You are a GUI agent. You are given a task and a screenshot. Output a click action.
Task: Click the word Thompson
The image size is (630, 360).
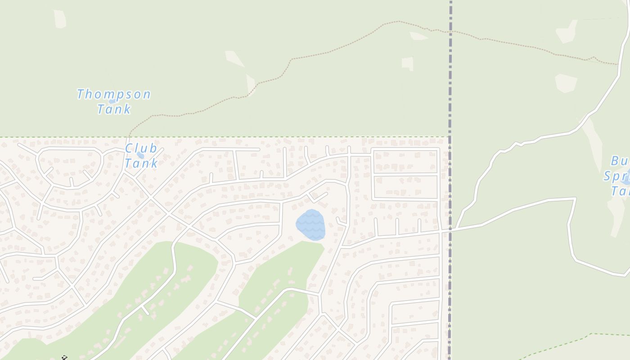[x=113, y=94]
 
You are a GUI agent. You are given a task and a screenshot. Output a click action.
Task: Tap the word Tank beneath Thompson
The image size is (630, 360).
[x=114, y=109]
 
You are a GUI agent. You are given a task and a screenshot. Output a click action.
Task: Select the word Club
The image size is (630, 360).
[x=141, y=148]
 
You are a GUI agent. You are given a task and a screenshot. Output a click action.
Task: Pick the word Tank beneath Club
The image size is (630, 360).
[x=141, y=163]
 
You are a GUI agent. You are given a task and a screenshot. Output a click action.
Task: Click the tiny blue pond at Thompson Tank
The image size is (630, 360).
[x=112, y=102]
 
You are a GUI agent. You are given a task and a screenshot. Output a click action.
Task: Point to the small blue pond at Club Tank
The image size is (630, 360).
[x=140, y=156]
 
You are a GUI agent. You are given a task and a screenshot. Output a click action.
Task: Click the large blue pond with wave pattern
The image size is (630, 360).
[x=310, y=225]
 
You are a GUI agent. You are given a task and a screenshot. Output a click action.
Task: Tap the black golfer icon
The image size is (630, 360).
[x=64, y=358]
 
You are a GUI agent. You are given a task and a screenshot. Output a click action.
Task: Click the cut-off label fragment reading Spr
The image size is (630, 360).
[x=616, y=176]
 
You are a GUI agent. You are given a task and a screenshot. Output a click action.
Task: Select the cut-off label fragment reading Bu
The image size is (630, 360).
[x=619, y=161]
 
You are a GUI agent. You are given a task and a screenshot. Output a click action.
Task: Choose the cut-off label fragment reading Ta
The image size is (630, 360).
[x=620, y=191]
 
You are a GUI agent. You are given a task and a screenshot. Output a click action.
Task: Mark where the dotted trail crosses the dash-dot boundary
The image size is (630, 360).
[x=450, y=31]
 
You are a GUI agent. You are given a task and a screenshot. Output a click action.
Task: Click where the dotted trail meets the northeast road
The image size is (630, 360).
[x=618, y=64]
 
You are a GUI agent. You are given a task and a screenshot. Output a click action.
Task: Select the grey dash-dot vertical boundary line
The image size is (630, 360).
[x=450, y=90]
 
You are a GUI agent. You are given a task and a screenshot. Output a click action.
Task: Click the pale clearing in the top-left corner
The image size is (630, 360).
[x=60, y=19]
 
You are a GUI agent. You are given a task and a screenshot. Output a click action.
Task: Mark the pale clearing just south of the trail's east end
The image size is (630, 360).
[x=567, y=83]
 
